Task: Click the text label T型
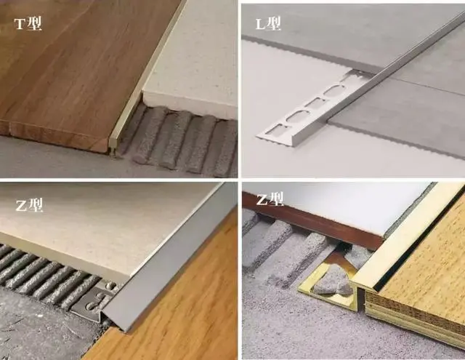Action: tap(28, 23)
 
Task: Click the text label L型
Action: tap(268, 23)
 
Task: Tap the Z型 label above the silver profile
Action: tap(29, 205)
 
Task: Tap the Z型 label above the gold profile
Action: tap(270, 199)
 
